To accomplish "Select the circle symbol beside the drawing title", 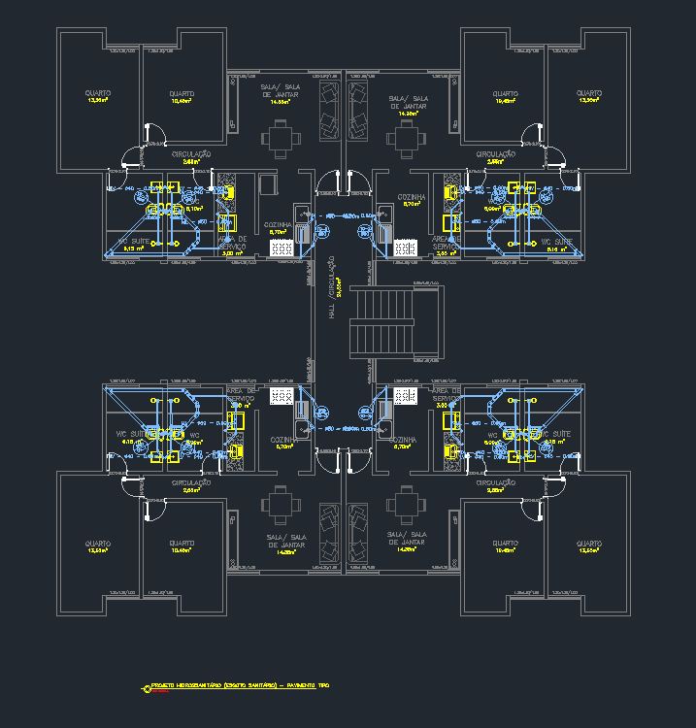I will [148, 688].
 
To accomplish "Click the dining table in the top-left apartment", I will [281, 137].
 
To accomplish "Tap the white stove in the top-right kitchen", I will [405, 248].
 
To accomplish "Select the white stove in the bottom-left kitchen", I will [282, 396].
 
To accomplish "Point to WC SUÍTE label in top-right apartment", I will [558, 242].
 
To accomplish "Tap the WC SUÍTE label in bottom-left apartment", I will [129, 434].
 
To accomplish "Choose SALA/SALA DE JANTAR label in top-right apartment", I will [409, 103].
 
